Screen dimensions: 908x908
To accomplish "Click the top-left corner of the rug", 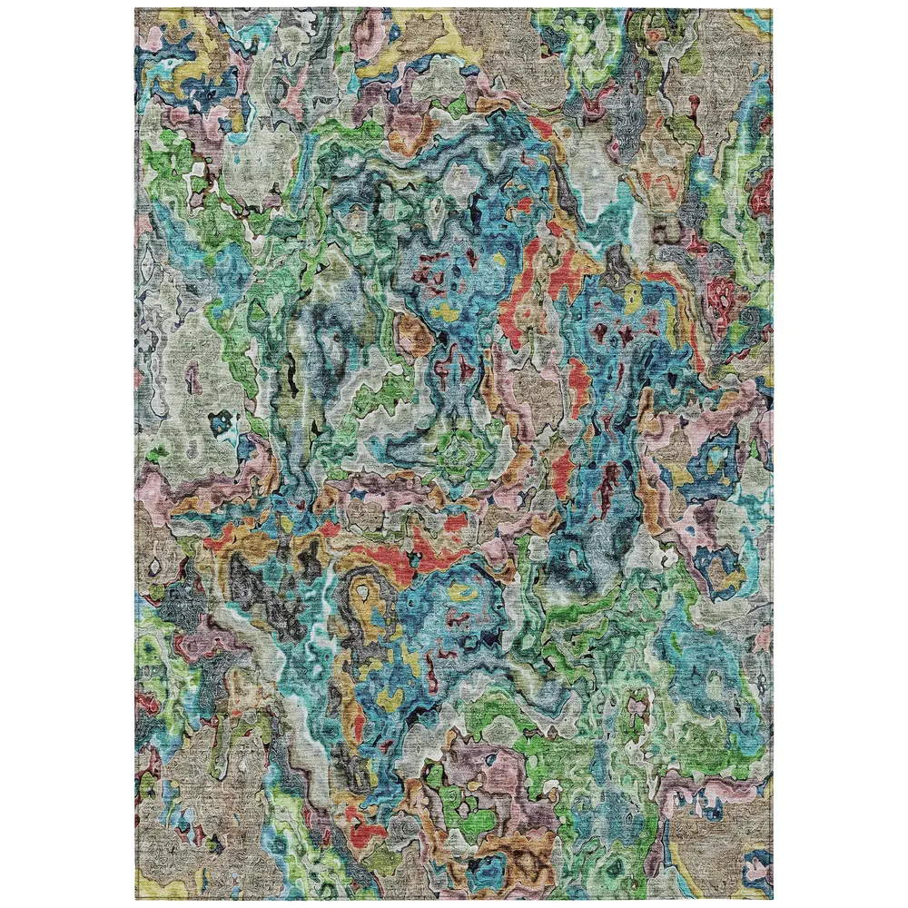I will coord(136,10).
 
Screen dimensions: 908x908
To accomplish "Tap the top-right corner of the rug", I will coord(772,10).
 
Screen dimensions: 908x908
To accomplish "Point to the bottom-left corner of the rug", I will coord(136,899).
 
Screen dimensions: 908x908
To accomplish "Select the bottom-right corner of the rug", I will coord(772,899).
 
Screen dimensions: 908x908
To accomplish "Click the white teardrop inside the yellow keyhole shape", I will coord(365,592).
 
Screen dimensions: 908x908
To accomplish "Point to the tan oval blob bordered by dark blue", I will coord(413,331).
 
